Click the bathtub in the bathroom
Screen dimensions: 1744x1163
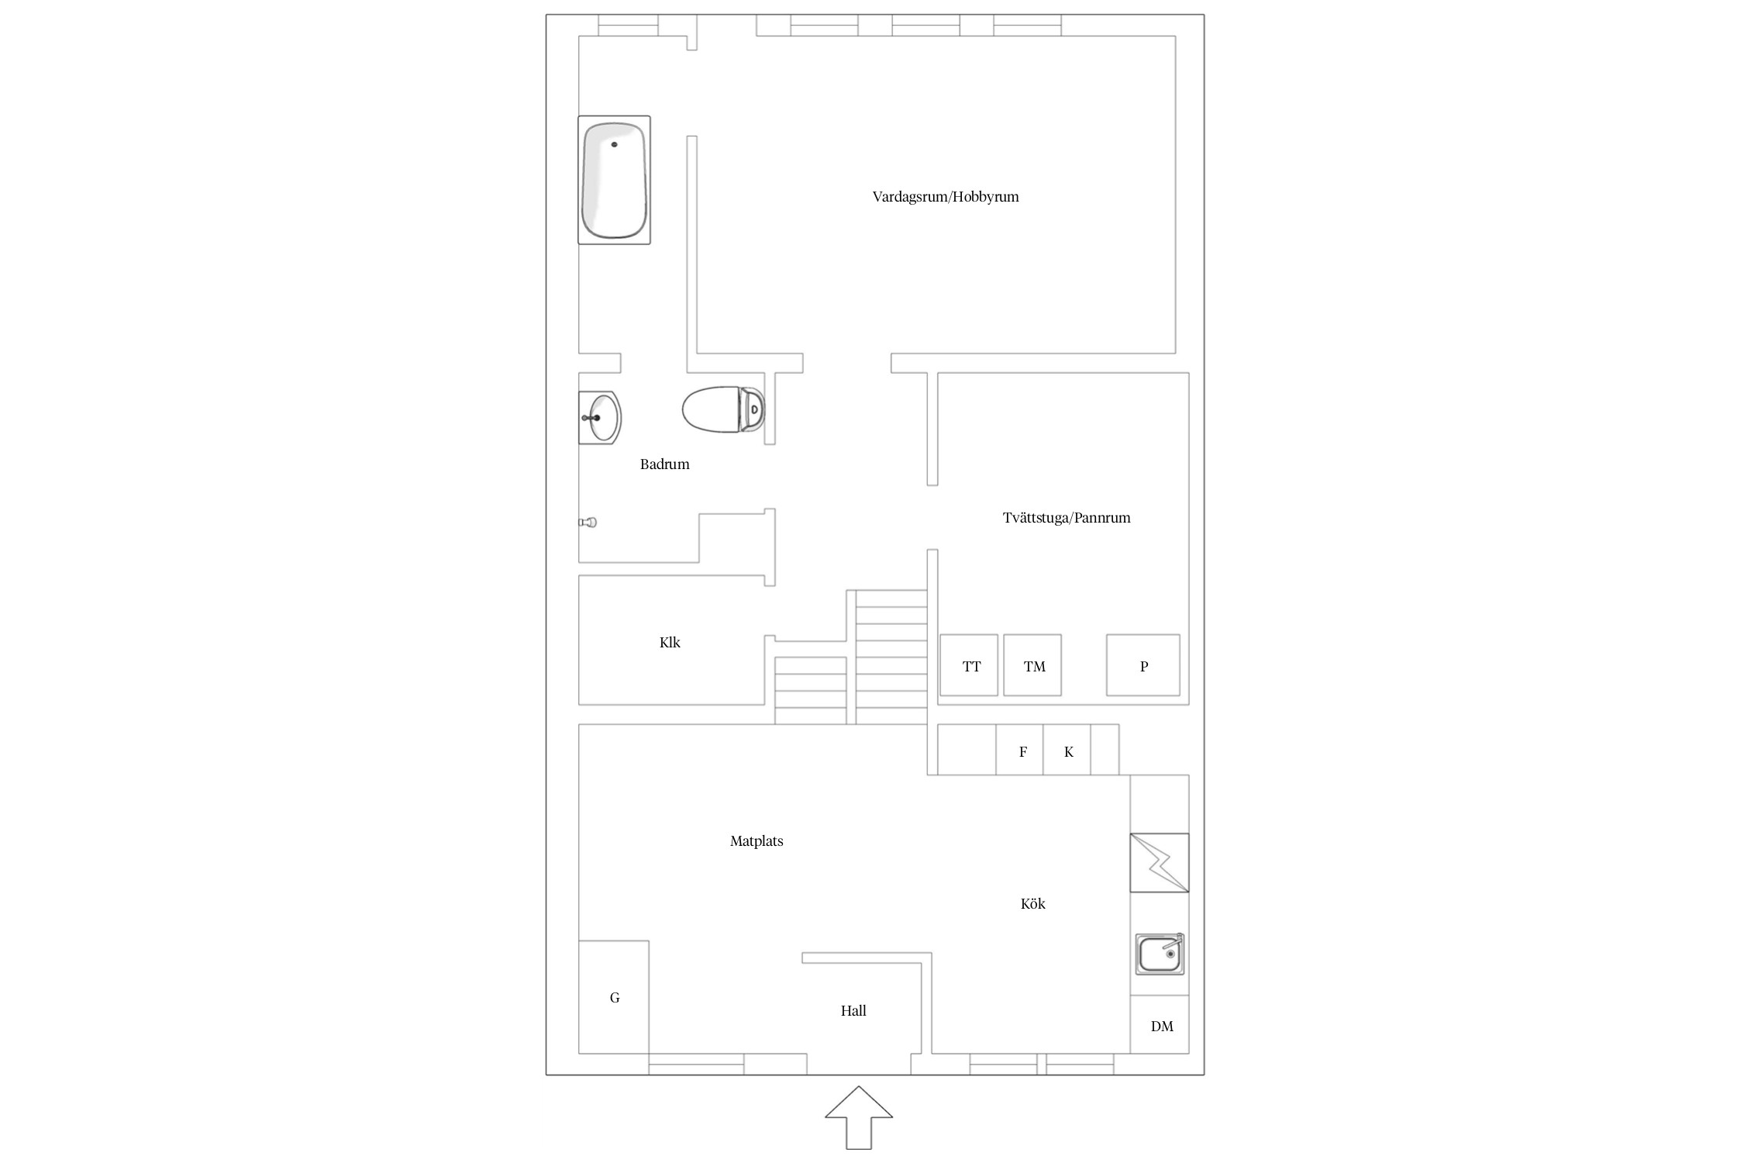pyautogui.click(x=614, y=180)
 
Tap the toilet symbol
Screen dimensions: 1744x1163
pyautogui.click(x=723, y=409)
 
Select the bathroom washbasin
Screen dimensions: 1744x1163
pyautogui.click(x=600, y=417)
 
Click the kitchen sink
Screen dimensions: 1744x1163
pyautogui.click(x=1160, y=954)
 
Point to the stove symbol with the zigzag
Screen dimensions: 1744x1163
pyautogui.click(x=1159, y=862)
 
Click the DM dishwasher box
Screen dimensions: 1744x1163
pyautogui.click(x=1160, y=1024)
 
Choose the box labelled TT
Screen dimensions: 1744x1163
pyautogui.click(x=969, y=665)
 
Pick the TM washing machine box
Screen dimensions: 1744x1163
pyautogui.click(x=1032, y=665)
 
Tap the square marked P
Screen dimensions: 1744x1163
pyautogui.click(x=1143, y=665)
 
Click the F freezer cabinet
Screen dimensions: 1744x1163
pyautogui.click(x=1019, y=750)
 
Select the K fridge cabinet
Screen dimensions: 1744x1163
pyautogui.click(x=1067, y=750)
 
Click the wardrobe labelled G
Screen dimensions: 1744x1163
pyautogui.click(x=613, y=997)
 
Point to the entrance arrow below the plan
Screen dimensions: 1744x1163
pyautogui.click(x=859, y=1117)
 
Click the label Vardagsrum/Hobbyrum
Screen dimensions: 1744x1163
pyautogui.click(x=946, y=197)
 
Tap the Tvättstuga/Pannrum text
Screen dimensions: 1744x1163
pyautogui.click(x=1067, y=518)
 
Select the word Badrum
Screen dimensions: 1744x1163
pyautogui.click(x=664, y=464)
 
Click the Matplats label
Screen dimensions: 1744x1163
pyautogui.click(x=757, y=841)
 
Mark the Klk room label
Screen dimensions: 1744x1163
pyautogui.click(x=670, y=642)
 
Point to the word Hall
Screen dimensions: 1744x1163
pyautogui.click(x=853, y=1010)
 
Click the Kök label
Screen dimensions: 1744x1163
pyautogui.click(x=1033, y=903)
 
